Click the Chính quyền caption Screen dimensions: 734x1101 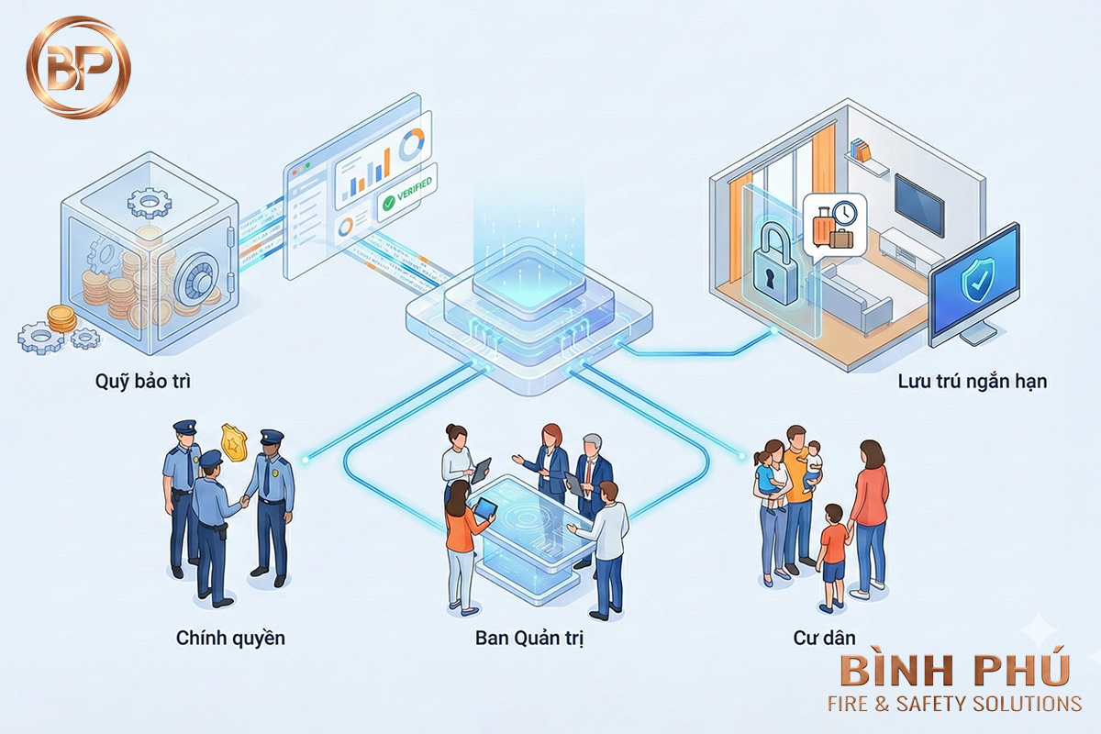(230, 637)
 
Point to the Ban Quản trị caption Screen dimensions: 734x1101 (529, 637)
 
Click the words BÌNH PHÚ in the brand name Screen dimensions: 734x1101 (954, 671)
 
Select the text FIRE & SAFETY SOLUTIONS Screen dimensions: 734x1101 (954, 704)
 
